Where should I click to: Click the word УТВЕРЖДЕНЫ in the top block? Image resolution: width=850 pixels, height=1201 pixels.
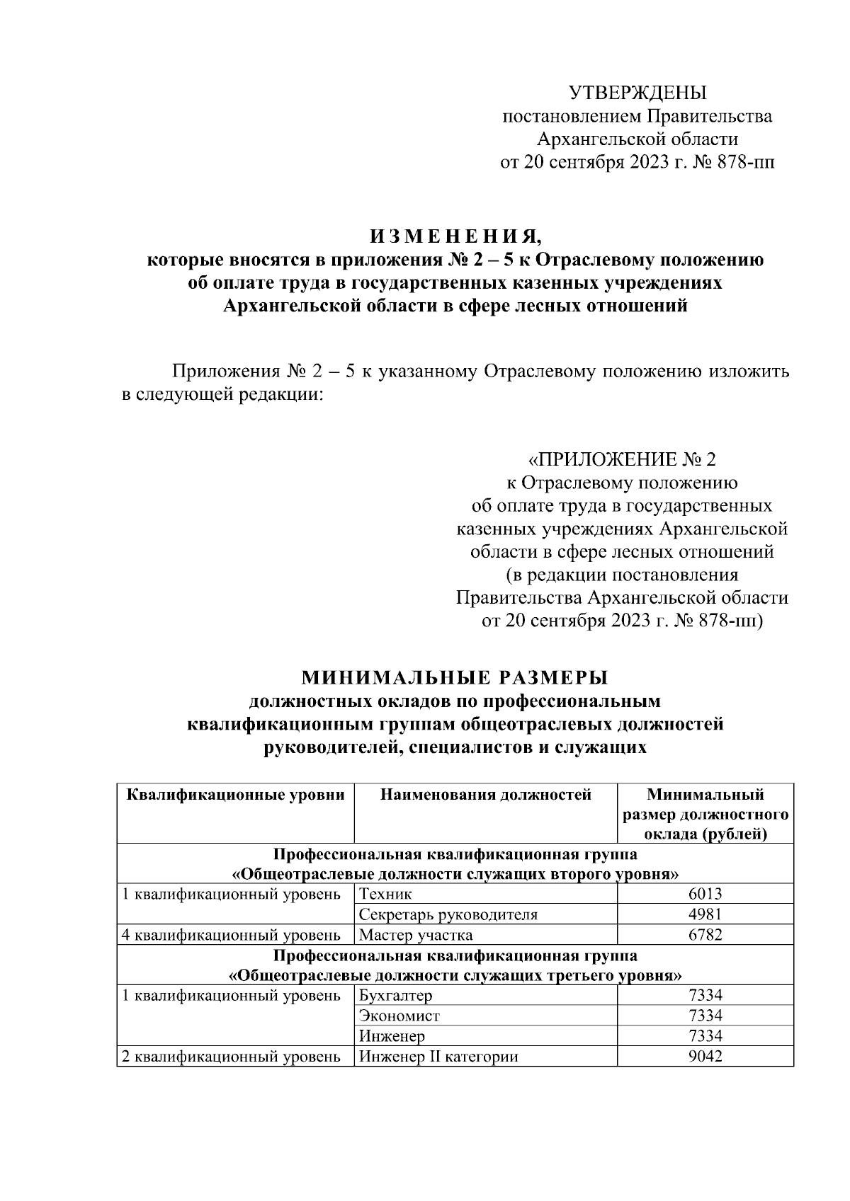637,93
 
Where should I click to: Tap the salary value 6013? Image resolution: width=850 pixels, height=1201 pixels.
705,894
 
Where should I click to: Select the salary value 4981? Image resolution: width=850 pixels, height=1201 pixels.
705,914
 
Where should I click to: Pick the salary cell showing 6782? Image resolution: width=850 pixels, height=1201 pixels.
705,935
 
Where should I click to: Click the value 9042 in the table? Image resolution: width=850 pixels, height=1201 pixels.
705,1057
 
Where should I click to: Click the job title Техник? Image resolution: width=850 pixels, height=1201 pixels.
385,894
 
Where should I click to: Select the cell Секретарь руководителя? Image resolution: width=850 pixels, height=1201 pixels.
448,914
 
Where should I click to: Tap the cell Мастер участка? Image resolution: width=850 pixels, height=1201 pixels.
416,935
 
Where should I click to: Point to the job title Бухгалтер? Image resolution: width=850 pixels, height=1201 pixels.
395,996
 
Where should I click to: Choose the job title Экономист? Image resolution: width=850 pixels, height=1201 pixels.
399,1016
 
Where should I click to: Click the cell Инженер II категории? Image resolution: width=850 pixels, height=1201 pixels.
438,1057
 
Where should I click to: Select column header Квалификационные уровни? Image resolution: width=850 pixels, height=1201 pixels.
235,795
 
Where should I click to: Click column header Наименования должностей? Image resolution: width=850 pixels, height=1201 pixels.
485,795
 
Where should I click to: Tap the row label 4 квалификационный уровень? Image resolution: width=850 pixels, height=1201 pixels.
232,935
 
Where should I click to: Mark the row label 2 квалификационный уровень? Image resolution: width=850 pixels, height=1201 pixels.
232,1057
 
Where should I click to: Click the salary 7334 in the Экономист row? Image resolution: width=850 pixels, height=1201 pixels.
705,1016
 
